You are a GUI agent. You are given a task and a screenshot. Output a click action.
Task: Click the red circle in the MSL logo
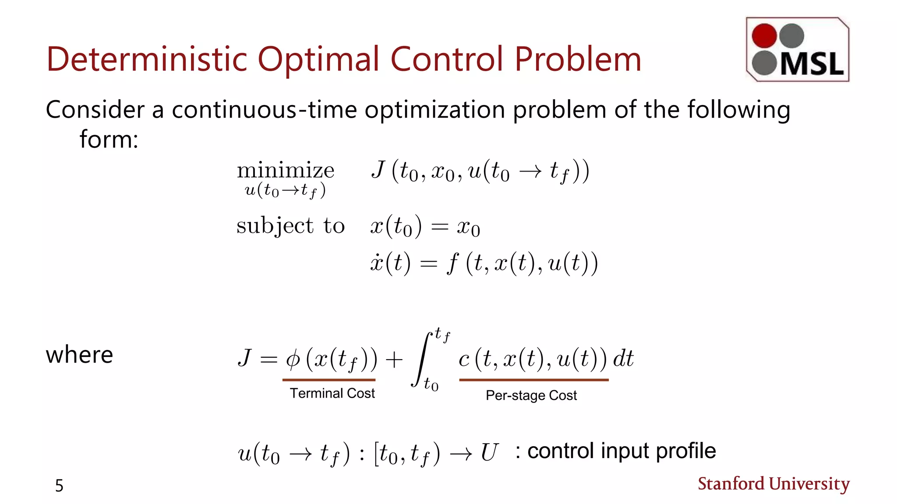tap(764, 36)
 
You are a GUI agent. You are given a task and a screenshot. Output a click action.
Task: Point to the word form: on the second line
tap(109, 140)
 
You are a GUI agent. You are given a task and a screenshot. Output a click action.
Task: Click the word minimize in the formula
tap(286, 171)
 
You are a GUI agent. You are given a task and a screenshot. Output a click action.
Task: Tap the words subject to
tap(290, 226)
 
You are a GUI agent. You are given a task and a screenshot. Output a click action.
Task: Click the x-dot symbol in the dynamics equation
tap(377, 262)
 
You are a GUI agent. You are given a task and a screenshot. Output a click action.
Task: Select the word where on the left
tap(79, 354)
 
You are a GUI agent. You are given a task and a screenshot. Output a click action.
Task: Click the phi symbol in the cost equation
tap(293, 359)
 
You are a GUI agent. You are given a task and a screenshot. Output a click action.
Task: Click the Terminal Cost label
tap(332, 393)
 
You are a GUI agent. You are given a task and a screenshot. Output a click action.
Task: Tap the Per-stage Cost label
tap(531, 395)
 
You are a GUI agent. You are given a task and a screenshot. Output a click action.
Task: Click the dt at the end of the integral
tap(623, 359)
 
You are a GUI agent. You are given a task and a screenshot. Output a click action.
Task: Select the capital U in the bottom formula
tap(489, 452)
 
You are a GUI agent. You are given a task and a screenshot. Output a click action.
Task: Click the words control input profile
tap(621, 451)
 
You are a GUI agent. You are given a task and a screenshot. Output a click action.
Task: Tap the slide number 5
tap(59, 486)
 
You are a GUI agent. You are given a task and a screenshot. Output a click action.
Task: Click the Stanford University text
tap(773, 484)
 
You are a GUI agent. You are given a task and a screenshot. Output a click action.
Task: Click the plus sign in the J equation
tap(394, 360)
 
